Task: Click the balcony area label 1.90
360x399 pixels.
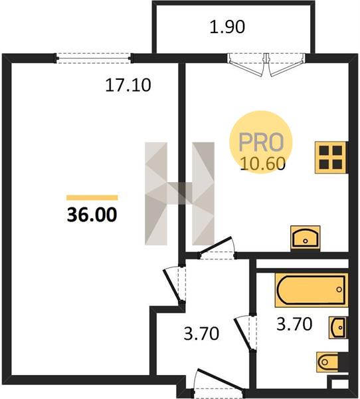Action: click(227, 27)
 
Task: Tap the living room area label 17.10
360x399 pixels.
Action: click(128, 85)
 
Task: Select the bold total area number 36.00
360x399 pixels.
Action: click(92, 215)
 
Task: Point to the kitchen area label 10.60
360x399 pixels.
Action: click(262, 163)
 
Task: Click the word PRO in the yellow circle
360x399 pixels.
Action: click(261, 142)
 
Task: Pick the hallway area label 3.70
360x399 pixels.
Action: click(201, 333)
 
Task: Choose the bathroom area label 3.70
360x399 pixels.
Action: click(294, 324)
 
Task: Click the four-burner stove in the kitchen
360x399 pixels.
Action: click(331, 158)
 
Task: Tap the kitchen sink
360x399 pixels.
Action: click(306, 238)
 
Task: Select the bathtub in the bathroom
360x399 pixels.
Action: click(312, 290)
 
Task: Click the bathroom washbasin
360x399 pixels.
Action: click(338, 327)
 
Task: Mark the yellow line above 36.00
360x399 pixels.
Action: click(92, 198)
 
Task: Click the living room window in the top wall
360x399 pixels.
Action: click(94, 59)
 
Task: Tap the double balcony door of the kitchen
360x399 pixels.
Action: click(266, 65)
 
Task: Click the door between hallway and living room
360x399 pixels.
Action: click(175, 284)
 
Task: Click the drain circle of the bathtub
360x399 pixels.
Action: click(339, 289)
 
